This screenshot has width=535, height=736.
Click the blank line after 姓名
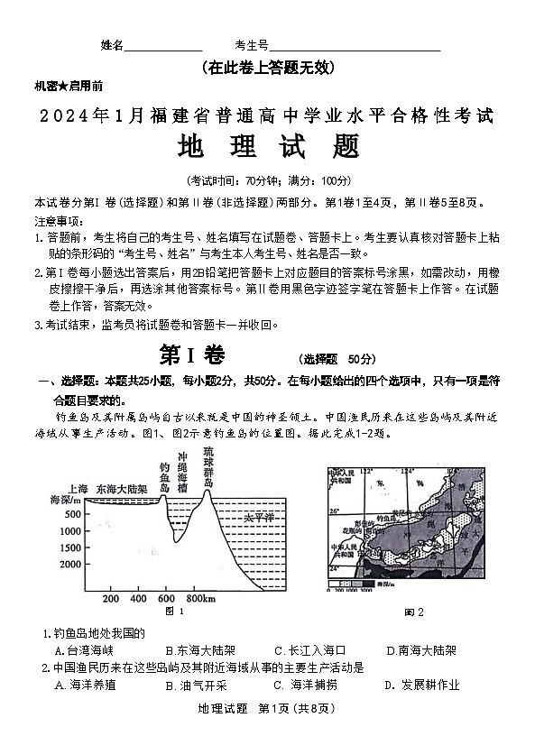[x=163, y=47]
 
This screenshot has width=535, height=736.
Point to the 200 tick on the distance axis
[x=112, y=598]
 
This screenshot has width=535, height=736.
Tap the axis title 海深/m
[x=65, y=500]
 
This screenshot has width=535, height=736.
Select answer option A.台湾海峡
[x=85, y=649]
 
